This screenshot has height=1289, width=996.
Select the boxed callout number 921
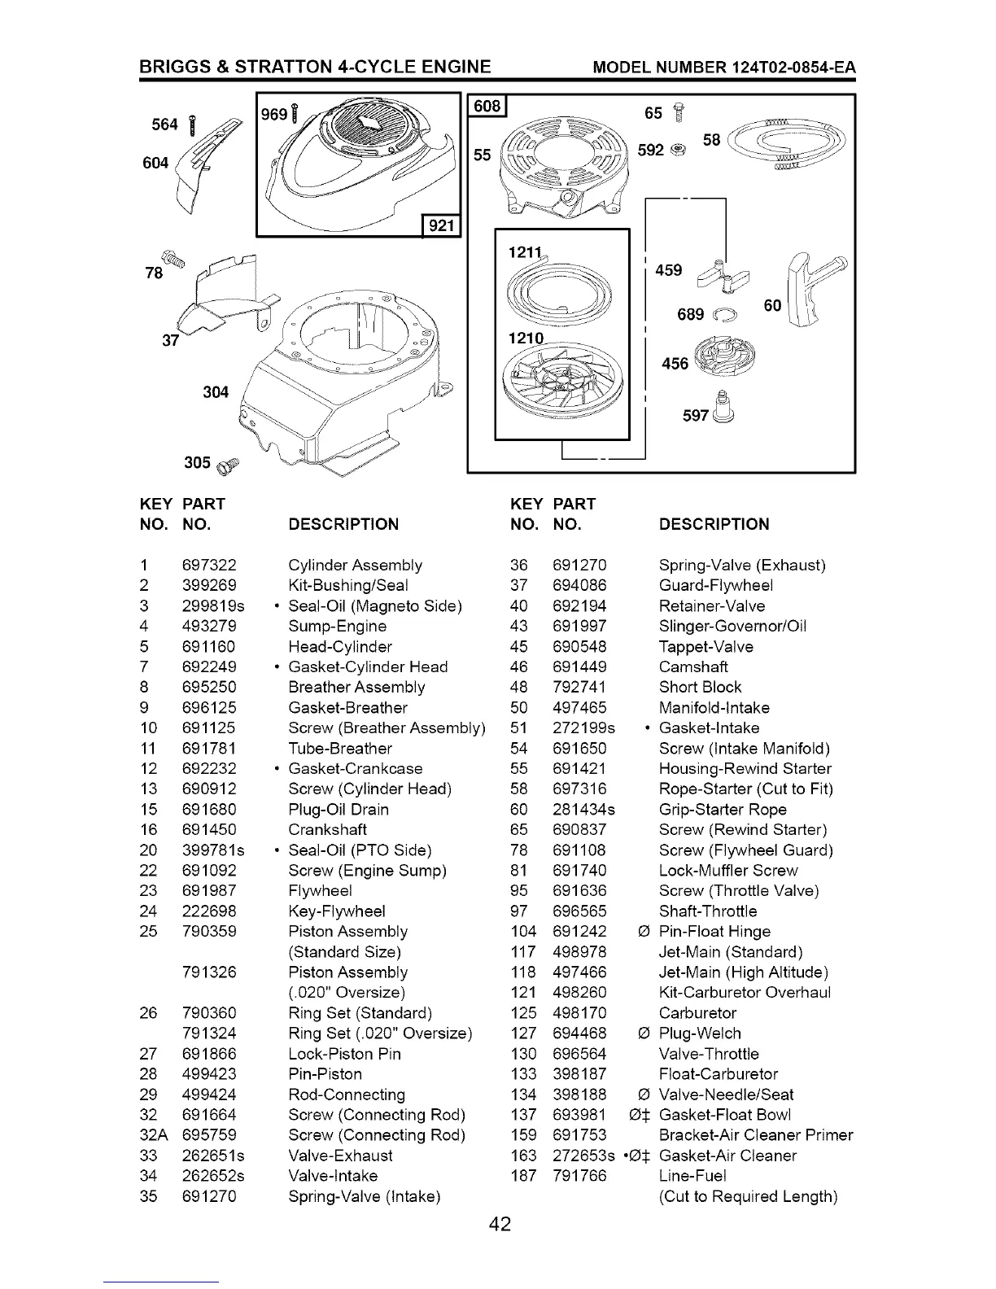[440, 225]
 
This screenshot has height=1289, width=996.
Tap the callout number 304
[216, 392]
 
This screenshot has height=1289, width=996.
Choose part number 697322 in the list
[209, 566]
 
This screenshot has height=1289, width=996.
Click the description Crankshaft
[327, 830]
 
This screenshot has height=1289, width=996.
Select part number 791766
[579, 1176]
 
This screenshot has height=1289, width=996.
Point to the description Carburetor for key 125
[697, 1013]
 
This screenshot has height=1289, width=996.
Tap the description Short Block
[700, 688]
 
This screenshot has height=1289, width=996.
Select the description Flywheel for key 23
[320, 891]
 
